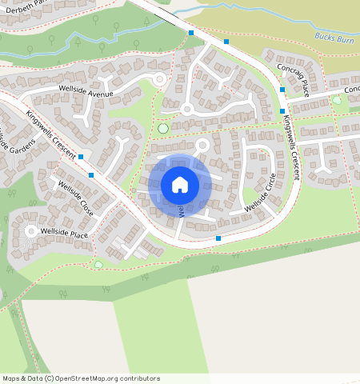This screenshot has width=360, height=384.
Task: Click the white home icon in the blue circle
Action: tap(180, 186)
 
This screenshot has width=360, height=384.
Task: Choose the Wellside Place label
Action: tap(64, 233)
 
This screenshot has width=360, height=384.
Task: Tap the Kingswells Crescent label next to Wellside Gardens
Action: tap(50, 130)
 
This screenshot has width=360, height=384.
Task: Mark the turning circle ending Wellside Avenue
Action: tap(159, 79)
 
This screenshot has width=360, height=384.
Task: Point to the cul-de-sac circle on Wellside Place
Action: tap(32, 231)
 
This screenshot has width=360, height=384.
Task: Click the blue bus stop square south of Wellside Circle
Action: tap(218, 238)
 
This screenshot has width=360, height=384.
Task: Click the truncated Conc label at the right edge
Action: tap(352, 90)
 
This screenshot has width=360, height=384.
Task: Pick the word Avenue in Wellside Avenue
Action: tap(100, 94)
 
